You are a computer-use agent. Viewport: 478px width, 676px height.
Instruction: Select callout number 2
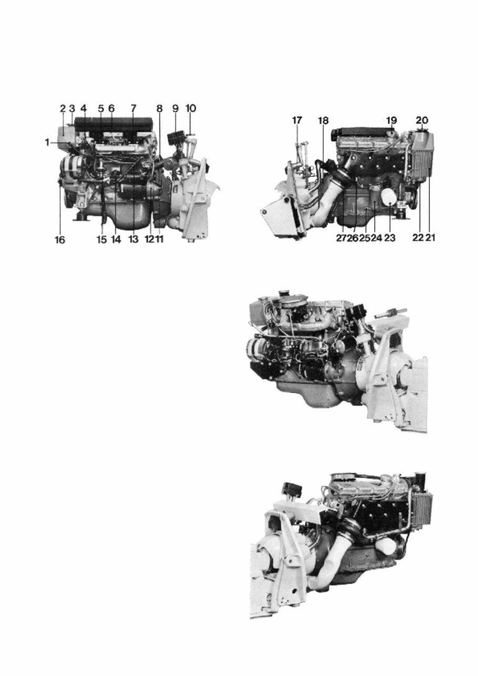point(63,108)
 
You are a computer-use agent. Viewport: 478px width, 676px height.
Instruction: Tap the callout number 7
point(134,108)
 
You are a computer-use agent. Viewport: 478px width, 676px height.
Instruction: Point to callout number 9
point(176,108)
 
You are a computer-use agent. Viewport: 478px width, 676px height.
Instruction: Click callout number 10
point(190,108)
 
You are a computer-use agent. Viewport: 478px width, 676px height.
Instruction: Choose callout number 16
point(61,240)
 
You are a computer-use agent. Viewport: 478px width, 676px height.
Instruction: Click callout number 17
point(297,120)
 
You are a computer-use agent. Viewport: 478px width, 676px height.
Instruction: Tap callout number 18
point(322,120)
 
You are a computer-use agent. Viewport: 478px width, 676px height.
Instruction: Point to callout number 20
point(422,120)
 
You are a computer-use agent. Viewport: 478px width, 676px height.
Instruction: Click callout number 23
point(390,238)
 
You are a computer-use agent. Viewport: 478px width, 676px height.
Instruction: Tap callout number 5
point(101,108)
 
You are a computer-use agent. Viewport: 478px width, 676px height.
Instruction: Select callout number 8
point(159,108)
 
